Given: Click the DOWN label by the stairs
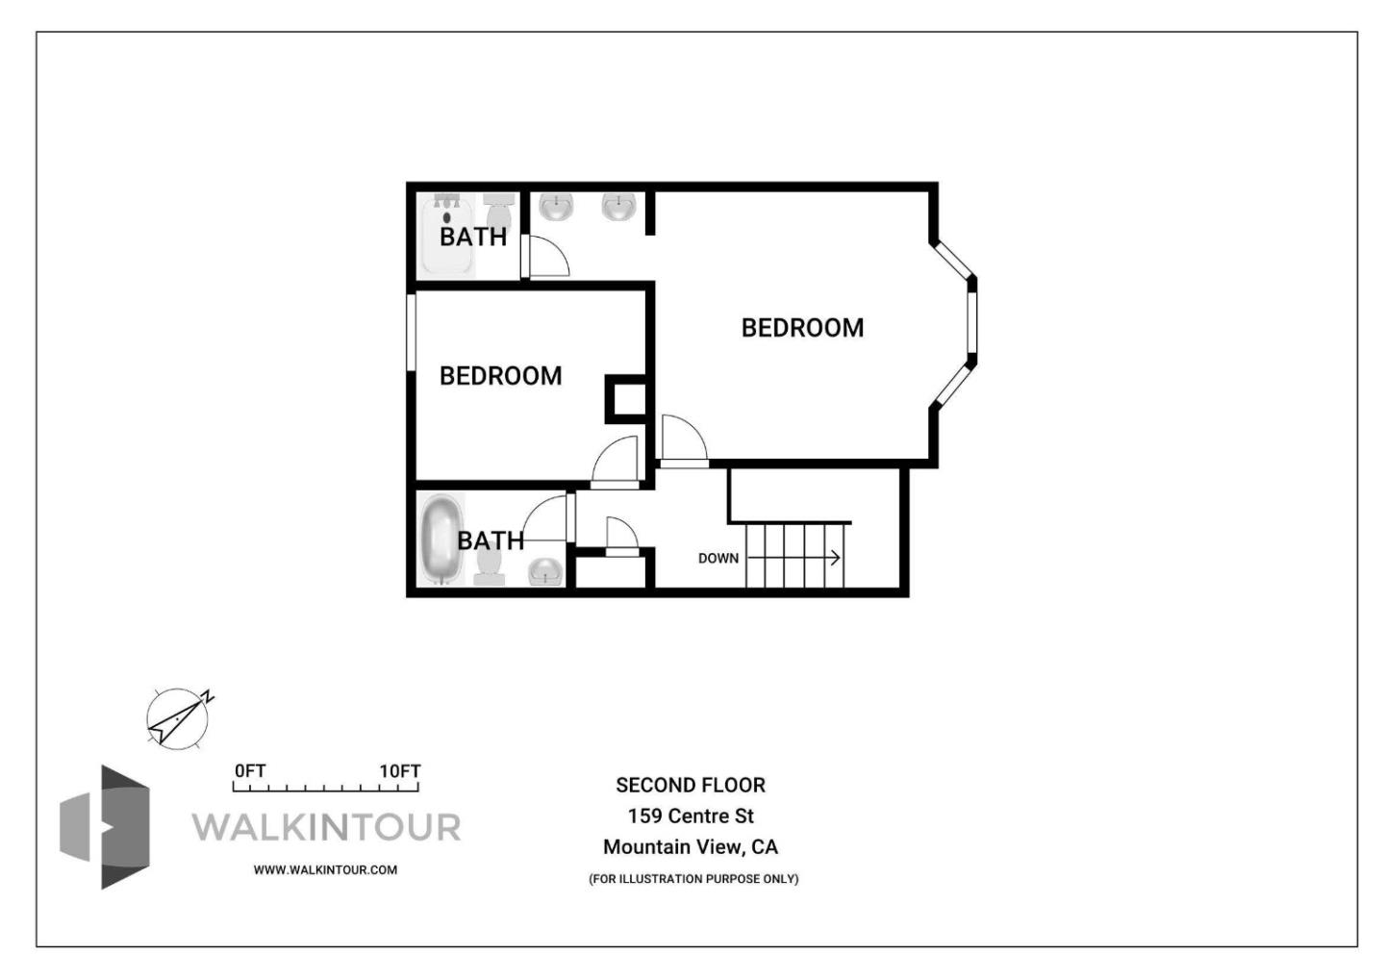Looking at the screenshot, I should (718, 558).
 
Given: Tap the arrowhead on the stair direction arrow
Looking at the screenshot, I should (835, 558).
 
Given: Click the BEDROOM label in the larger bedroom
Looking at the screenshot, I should (802, 328).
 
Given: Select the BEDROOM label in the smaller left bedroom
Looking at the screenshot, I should (500, 376).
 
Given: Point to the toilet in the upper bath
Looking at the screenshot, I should (498, 209).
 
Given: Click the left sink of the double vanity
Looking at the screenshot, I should (556, 206).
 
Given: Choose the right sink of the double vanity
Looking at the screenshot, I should (618, 206).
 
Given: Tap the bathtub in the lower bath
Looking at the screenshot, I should (442, 539).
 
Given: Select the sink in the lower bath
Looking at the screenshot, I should (546, 571).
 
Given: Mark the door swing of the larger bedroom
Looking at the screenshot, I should (682, 440).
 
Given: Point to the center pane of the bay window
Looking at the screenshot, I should (972, 322).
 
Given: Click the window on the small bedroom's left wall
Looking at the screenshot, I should (411, 332).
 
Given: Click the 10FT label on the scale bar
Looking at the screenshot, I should (399, 771).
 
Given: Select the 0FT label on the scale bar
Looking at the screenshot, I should (250, 771).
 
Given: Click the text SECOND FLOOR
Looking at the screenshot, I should (691, 785).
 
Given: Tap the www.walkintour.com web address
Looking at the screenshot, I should (325, 869).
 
